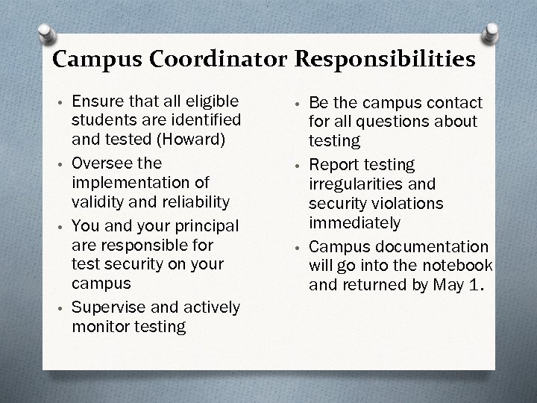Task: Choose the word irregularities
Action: coord(351,184)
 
